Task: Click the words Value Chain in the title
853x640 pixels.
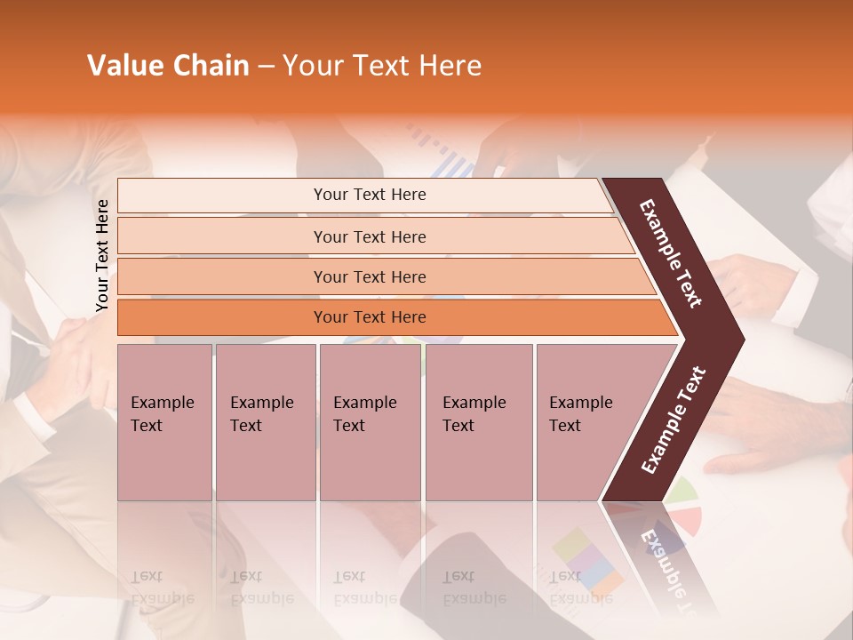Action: click(168, 66)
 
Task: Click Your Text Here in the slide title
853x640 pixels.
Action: click(382, 66)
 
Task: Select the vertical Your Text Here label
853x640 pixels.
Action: click(102, 255)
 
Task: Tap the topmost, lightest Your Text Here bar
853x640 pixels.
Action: click(369, 195)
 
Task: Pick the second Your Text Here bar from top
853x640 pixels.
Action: click(369, 236)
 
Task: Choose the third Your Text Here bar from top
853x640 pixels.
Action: click(369, 276)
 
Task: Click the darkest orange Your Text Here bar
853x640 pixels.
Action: click(369, 317)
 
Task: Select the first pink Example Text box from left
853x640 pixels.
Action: click(164, 421)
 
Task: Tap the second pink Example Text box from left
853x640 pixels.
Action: click(265, 421)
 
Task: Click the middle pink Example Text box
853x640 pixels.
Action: click(370, 421)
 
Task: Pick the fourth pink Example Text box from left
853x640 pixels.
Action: click(478, 421)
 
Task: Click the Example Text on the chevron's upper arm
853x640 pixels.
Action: click(671, 252)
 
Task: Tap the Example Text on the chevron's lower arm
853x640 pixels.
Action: click(674, 420)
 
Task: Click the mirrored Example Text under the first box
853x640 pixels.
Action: click(162, 588)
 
